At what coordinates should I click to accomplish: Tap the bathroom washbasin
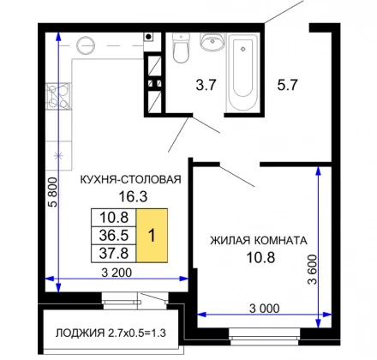pyautogui.click(x=212, y=42)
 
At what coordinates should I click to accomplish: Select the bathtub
pyautogui.click(x=242, y=74)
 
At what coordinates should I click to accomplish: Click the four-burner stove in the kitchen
pyautogui.click(x=58, y=96)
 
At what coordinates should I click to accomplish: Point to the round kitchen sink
pyautogui.click(x=86, y=45)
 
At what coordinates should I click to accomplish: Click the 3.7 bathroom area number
pyautogui.click(x=206, y=85)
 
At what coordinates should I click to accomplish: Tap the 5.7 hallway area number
pyautogui.click(x=287, y=85)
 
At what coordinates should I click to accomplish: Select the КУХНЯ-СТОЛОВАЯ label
pyautogui.click(x=131, y=180)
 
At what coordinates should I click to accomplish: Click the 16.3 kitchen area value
pyautogui.click(x=133, y=196)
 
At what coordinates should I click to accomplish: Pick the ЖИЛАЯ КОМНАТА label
pyautogui.click(x=259, y=241)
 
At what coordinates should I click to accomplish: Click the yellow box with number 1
pyautogui.click(x=152, y=236)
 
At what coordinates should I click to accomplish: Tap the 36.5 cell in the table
pyautogui.click(x=114, y=236)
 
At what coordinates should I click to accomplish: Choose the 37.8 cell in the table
pyautogui.click(x=114, y=253)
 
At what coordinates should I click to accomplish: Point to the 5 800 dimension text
pyautogui.click(x=53, y=192)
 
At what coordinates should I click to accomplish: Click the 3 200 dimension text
pyautogui.click(x=117, y=273)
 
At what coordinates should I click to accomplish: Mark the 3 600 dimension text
pyautogui.click(x=313, y=269)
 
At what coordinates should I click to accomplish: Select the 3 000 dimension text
pyautogui.click(x=265, y=309)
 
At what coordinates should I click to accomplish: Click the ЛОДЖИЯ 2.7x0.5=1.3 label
pyautogui.click(x=111, y=333)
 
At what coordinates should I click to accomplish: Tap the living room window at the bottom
pyautogui.click(x=265, y=337)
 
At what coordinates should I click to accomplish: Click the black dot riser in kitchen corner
pyautogui.click(x=148, y=37)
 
